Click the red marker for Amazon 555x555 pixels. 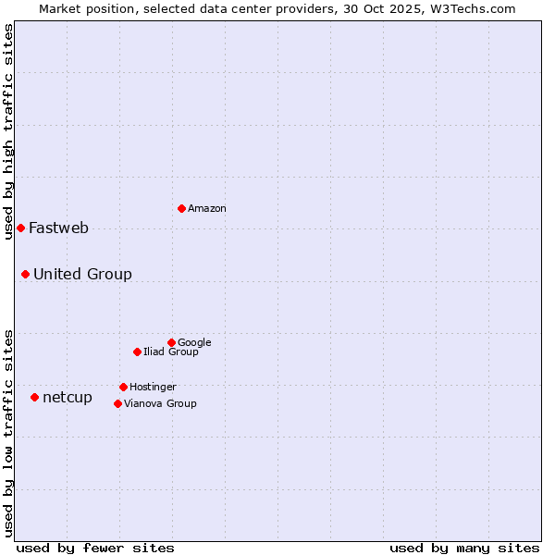click(x=181, y=208)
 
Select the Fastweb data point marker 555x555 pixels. click(x=20, y=228)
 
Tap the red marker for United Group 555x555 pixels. click(x=25, y=274)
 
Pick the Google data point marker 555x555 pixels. click(x=171, y=342)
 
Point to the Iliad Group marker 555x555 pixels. click(x=137, y=351)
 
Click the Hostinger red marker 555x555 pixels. click(x=123, y=387)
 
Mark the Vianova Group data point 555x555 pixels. click(x=117, y=403)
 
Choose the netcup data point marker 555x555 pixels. click(x=34, y=397)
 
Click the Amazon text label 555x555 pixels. click(x=207, y=209)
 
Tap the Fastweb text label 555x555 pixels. click(x=58, y=228)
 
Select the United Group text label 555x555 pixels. click(x=82, y=275)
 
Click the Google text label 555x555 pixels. click(x=194, y=343)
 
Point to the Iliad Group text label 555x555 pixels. click(x=171, y=352)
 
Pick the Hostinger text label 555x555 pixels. click(x=153, y=388)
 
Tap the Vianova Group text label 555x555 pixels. click(x=160, y=404)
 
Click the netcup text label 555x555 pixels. click(x=68, y=398)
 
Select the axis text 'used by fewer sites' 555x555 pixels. click(x=95, y=548)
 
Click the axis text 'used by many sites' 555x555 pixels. click(x=464, y=548)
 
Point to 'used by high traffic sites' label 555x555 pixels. click(x=8, y=131)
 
